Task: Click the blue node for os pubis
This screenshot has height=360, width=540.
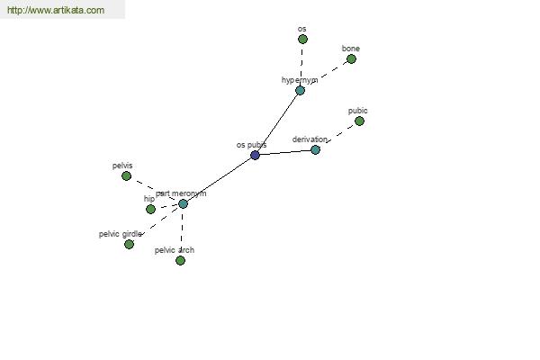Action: pos(255,155)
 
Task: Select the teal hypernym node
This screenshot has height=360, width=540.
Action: pos(300,91)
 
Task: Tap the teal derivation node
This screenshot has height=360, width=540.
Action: pos(315,150)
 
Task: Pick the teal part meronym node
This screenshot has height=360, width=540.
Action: pos(183,204)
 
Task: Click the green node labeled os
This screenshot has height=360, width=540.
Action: pos(302,40)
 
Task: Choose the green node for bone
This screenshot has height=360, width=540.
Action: pos(351,58)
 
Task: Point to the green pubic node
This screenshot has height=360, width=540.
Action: pos(359,121)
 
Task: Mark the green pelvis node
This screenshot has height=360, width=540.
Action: pos(126,176)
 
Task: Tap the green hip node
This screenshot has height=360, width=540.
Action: pos(150,209)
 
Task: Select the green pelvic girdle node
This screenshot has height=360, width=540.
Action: pos(129,244)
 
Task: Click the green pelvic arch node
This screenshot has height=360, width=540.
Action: pos(180,260)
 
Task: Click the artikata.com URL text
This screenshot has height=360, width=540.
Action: pos(56,10)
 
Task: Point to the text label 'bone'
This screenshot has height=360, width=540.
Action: pos(351,49)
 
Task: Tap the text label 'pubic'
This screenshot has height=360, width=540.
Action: pos(358,111)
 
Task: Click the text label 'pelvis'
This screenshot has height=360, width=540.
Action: pos(122,166)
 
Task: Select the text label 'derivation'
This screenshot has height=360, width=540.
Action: pos(310,139)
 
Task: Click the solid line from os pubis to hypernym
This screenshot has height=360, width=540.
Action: pos(277,123)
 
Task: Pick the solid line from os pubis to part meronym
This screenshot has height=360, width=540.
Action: pos(219,179)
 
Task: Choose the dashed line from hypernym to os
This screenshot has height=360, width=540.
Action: pos(301,64)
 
